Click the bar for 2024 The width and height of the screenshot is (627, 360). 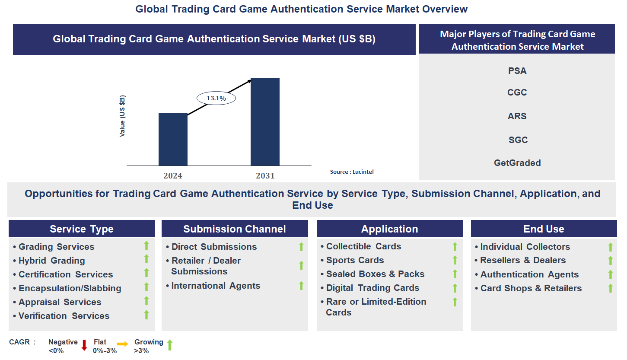tap(173, 139)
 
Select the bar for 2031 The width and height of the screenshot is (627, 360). tap(265, 122)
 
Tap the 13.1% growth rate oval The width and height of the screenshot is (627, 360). tap(216, 98)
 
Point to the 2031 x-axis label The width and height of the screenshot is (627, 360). tap(265, 175)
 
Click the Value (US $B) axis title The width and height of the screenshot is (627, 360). tap(122, 116)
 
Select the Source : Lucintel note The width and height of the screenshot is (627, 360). tap(352, 172)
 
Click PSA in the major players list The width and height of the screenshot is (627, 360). tap(517, 71)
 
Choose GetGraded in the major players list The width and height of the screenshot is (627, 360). tap(517, 163)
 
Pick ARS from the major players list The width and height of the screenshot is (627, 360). tap(517, 116)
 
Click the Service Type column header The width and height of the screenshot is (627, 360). tap(82, 229)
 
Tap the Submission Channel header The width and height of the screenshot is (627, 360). tap(235, 229)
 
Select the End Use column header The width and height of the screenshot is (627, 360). tap(544, 229)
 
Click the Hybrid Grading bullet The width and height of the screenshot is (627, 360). tap(51, 261)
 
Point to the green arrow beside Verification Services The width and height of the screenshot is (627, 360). tap(146, 315)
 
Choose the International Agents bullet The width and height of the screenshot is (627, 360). tap(216, 286)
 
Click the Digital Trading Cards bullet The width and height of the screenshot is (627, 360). tap(372, 288)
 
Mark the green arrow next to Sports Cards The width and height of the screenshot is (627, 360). tap(455, 260)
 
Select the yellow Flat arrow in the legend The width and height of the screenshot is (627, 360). tap(122, 344)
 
